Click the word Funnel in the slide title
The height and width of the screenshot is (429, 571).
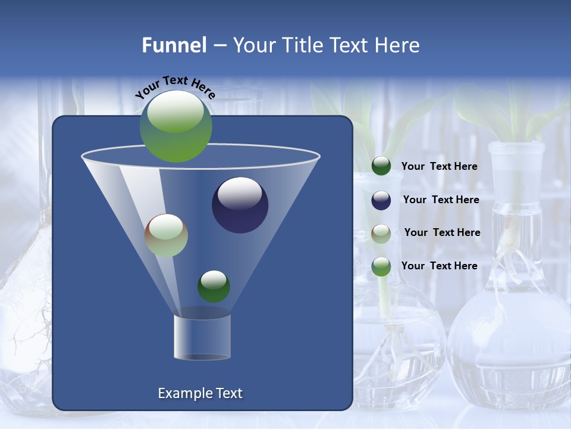174,45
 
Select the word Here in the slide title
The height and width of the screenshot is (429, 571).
397,45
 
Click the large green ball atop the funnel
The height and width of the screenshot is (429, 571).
175,126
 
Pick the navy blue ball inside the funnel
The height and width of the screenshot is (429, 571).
240,205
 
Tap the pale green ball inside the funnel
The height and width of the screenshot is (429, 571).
166,235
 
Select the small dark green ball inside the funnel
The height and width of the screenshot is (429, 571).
214,287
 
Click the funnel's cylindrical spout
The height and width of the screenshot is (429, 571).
202,337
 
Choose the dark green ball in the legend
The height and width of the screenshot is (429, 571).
381,166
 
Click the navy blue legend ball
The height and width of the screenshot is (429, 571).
381,200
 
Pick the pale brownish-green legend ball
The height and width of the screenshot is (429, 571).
381,233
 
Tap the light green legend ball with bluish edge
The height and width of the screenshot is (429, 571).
381,266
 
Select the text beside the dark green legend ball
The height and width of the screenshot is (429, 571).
439,167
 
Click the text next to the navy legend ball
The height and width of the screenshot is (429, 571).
441,200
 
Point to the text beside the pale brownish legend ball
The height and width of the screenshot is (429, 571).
442,233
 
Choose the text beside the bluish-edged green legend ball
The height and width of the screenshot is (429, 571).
439,266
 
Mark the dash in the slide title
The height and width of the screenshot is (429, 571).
219,46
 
